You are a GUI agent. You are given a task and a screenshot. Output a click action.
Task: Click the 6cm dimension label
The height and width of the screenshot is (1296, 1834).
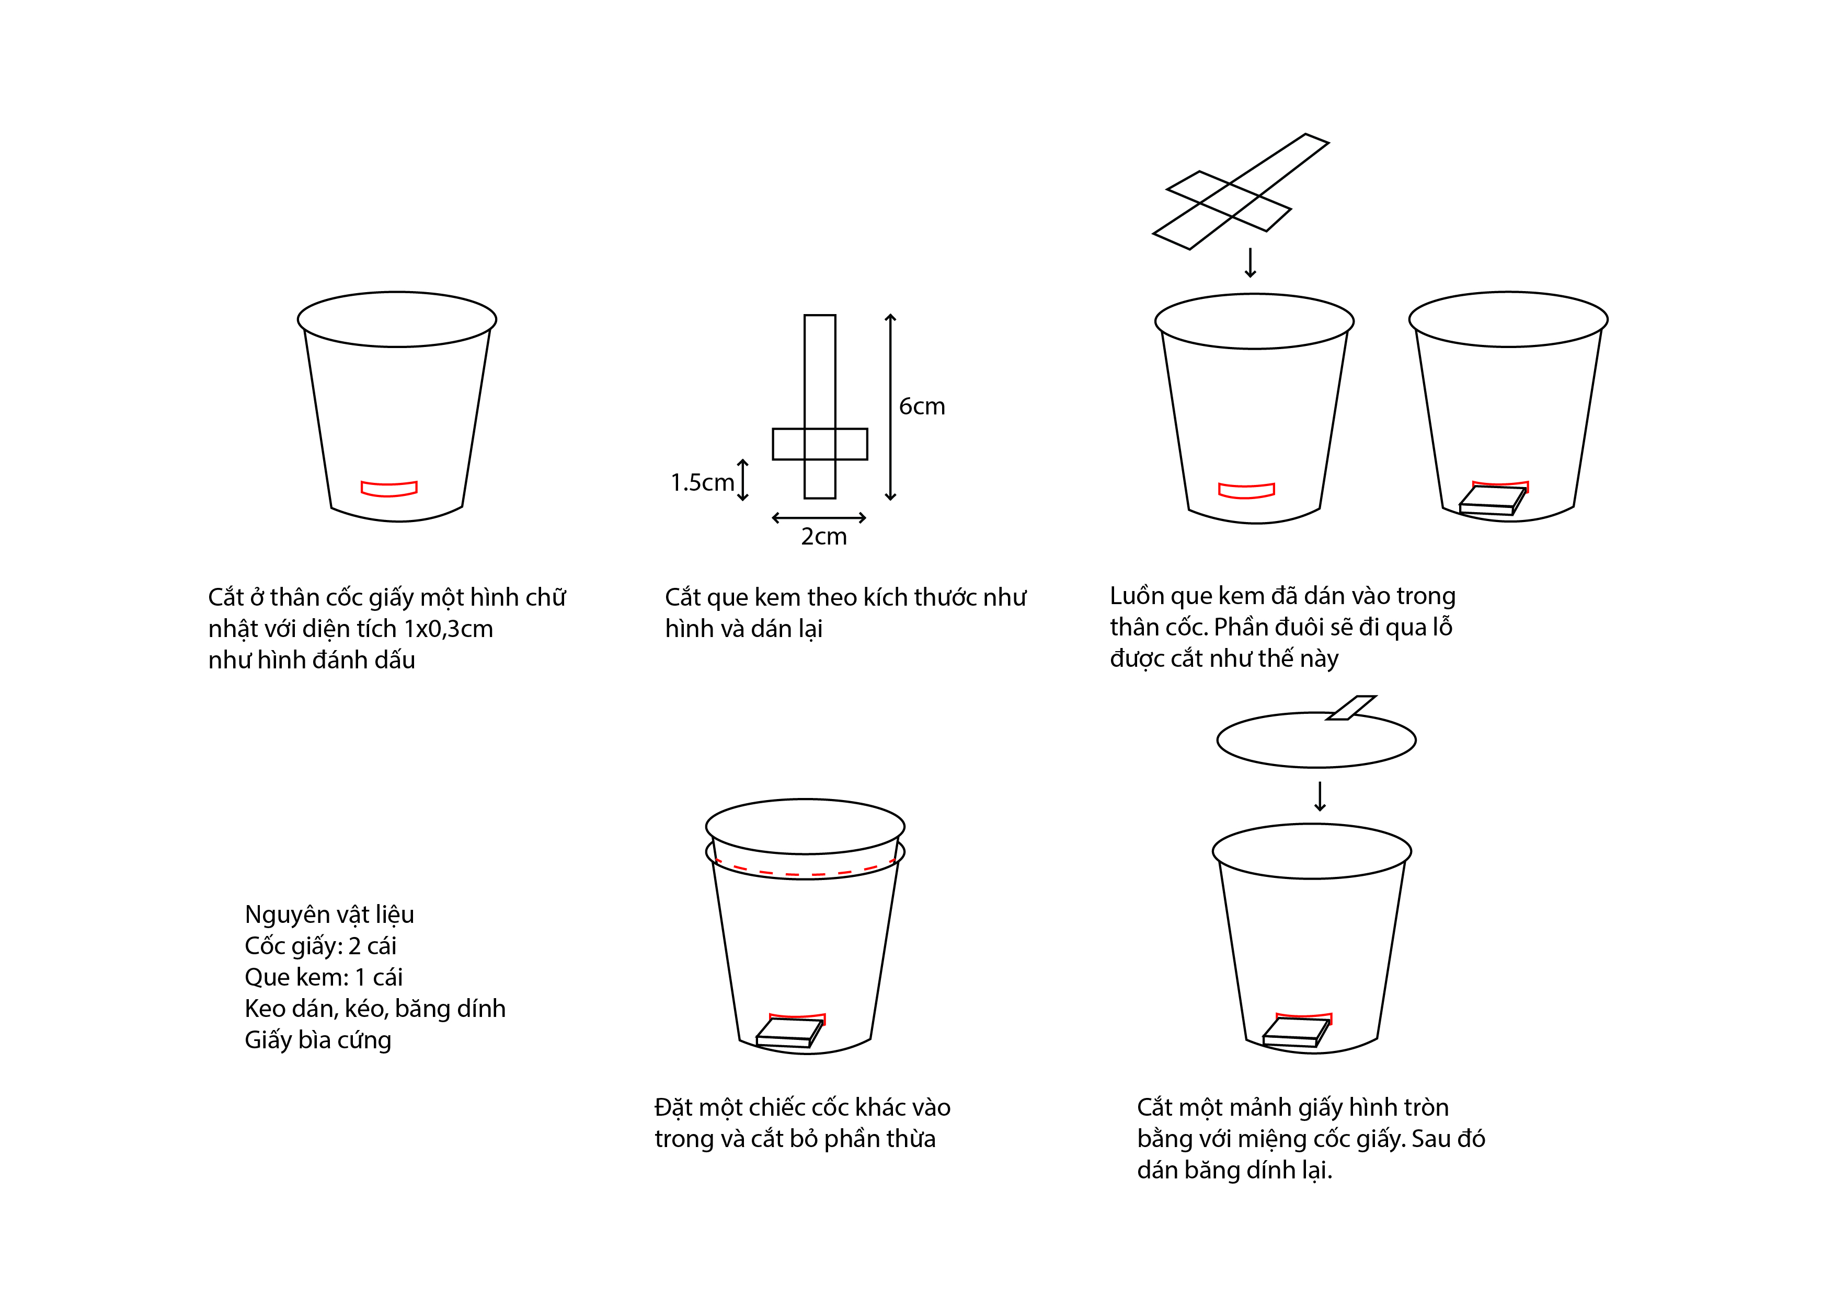coord(922,407)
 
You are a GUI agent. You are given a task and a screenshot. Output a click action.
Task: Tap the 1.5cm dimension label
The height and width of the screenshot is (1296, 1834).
coord(702,482)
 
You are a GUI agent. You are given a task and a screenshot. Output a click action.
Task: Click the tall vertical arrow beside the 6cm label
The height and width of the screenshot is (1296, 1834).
coord(891,407)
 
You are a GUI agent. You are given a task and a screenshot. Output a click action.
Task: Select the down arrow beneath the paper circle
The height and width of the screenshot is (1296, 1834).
coord(1320,796)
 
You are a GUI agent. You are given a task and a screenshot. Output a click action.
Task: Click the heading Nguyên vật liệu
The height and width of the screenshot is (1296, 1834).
coord(329,915)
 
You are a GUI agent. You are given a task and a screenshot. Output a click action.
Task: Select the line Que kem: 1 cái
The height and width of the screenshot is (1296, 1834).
coord(324,977)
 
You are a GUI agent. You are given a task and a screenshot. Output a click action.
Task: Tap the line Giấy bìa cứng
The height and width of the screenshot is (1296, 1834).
coord(318,1040)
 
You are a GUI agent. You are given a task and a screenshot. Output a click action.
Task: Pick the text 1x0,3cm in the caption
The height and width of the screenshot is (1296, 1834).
coord(448,629)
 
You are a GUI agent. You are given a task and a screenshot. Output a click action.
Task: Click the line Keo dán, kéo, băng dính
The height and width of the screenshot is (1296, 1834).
coord(375,1009)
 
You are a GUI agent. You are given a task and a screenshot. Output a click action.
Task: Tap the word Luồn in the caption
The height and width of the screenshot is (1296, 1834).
coord(1137,596)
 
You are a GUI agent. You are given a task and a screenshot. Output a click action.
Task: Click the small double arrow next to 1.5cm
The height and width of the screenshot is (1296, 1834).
coord(743,480)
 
